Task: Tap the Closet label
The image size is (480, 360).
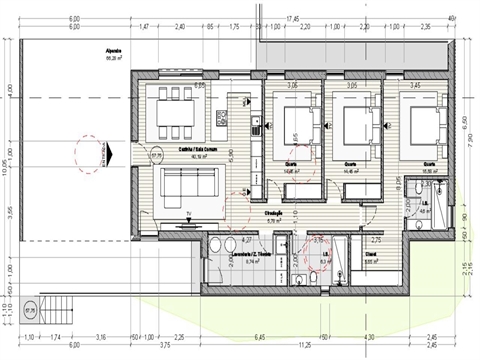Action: (370, 255)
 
